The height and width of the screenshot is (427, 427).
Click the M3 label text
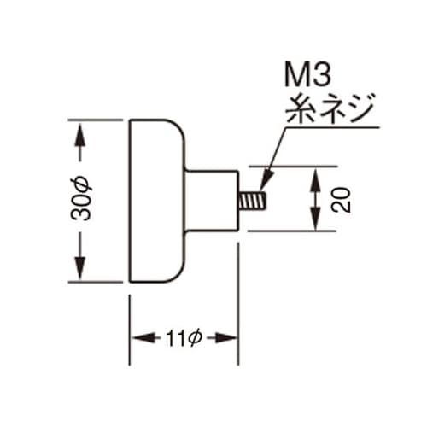(308, 76)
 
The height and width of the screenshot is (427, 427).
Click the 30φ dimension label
(81, 198)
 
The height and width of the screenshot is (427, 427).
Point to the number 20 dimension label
(341, 200)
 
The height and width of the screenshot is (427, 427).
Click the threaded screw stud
(253, 201)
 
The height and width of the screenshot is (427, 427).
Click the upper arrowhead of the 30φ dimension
(80, 133)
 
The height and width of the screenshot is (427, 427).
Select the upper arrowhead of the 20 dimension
(315, 178)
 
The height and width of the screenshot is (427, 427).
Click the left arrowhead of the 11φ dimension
(143, 338)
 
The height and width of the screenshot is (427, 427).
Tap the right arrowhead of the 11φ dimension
(225, 338)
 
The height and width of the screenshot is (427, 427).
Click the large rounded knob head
(156, 201)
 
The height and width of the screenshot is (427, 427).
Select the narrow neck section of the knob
(212, 201)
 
